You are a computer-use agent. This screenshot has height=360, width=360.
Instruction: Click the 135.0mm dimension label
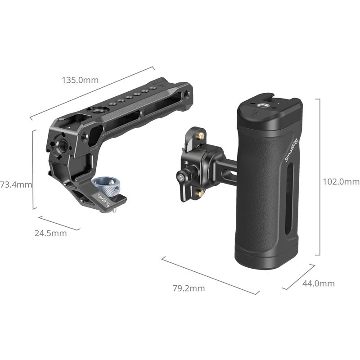(80, 81)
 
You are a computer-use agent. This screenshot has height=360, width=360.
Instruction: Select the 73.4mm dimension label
(16, 184)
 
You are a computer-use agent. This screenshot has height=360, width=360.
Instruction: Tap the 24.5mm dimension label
(50, 233)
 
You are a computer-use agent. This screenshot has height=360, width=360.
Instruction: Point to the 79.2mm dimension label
(189, 288)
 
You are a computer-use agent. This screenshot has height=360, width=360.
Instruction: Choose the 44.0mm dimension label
(318, 283)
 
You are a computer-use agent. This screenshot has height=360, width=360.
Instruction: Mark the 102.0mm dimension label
(341, 182)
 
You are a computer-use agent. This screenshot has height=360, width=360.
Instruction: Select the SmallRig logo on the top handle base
(103, 200)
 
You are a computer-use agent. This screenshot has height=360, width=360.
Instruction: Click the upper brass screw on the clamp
(201, 135)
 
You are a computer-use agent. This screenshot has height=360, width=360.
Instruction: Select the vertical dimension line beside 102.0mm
(319, 177)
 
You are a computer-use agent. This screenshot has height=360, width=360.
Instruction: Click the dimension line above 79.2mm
(210, 275)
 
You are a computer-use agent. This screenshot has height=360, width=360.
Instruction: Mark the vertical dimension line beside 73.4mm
(34, 170)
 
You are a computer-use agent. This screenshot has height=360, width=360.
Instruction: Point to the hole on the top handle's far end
(186, 94)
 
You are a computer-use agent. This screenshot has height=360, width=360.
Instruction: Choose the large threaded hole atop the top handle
(97, 110)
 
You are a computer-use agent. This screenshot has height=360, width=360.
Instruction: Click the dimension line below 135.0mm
(92, 93)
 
